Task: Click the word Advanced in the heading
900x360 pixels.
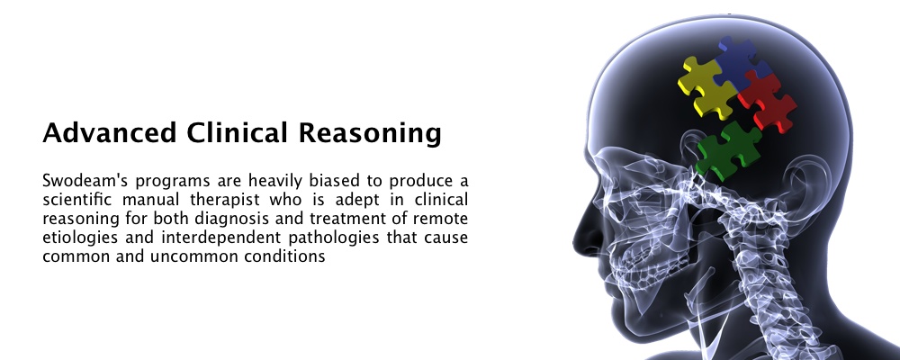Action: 110,132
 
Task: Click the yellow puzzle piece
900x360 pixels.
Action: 705,87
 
